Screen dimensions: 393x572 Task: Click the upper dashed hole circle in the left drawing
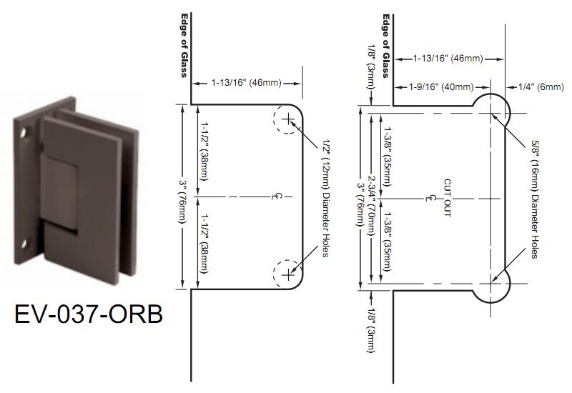tap(288, 121)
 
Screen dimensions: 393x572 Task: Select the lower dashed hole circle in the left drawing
tap(288, 273)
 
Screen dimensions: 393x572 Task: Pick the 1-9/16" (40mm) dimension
tap(441, 87)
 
